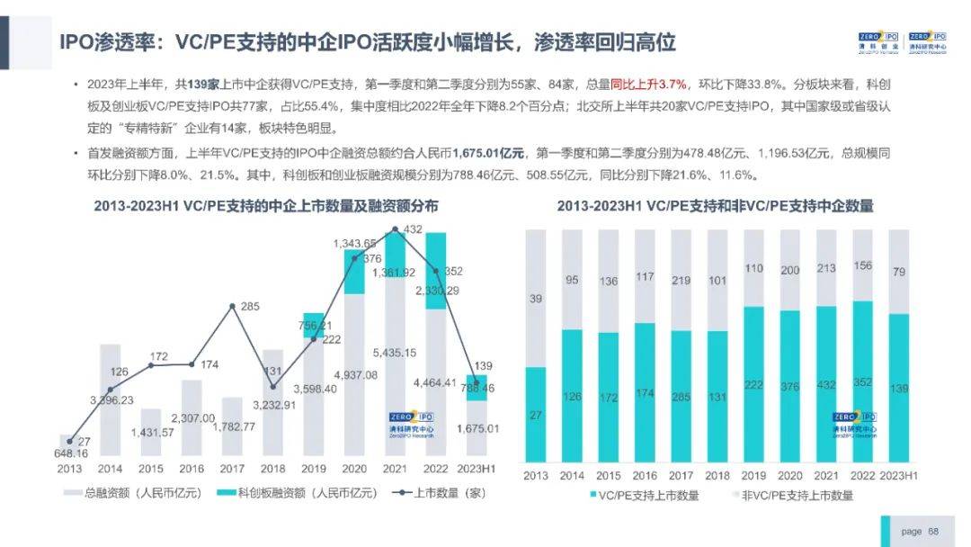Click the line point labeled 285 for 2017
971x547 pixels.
point(233,307)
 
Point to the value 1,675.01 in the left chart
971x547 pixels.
point(477,428)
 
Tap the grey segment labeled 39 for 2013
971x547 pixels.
point(536,298)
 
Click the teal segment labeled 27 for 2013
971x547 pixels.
point(536,415)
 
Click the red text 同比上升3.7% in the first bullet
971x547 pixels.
point(650,85)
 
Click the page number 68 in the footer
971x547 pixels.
point(933,532)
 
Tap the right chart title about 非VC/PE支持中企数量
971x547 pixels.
point(715,206)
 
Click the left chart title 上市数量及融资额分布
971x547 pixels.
point(266,206)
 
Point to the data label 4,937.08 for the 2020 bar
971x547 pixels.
point(357,375)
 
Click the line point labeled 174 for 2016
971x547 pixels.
point(192,363)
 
